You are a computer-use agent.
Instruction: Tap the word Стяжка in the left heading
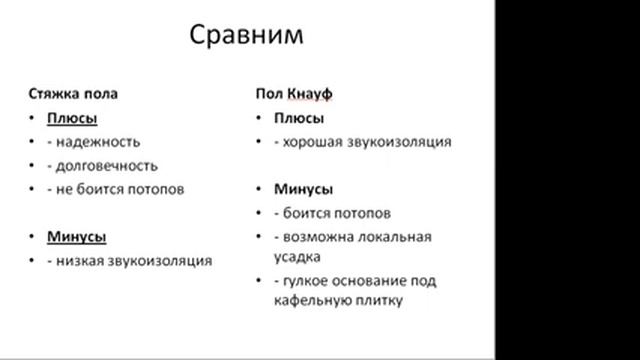[x=51, y=94]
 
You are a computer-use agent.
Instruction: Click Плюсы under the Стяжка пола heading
[x=70, y=118]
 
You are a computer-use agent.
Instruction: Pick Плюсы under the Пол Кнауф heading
[x=281, y=118]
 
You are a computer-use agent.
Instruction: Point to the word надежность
[x=99, y=142]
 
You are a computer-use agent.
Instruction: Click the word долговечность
[x=108, y=165]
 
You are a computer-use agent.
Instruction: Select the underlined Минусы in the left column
[x=77, y=237]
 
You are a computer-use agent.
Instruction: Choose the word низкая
[x=81, y=261]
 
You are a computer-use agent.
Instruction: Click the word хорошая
[x=308, y=142]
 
